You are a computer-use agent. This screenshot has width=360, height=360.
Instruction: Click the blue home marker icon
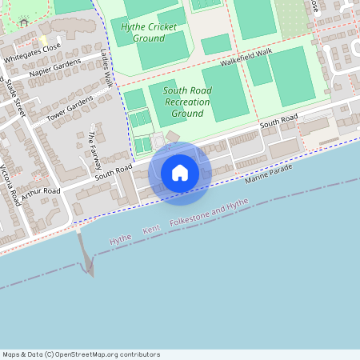(180, 172)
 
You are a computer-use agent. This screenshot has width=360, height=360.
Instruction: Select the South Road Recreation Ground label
(187, 102)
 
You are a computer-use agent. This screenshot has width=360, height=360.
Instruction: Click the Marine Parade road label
(270, 177)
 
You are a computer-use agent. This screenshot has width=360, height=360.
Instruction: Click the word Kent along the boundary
(151, 230)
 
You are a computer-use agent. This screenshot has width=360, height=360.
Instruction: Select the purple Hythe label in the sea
(120, 238)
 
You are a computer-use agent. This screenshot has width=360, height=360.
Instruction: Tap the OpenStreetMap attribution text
(81, 354)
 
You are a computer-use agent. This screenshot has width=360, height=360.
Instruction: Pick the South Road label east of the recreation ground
(278, 122)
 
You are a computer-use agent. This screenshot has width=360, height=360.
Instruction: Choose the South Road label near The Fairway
(113, 170)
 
